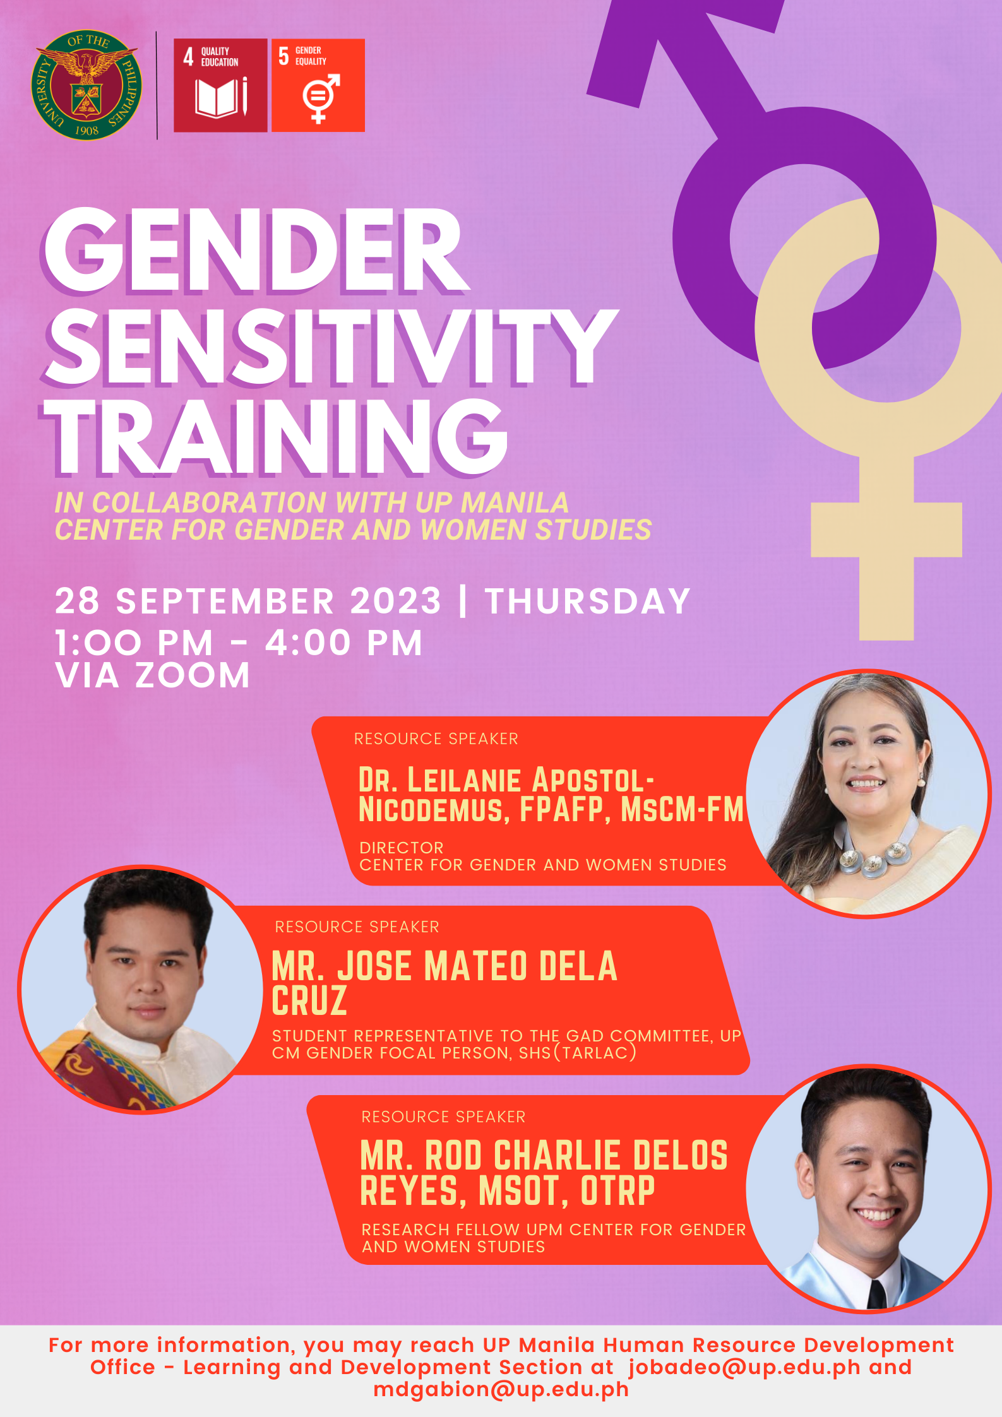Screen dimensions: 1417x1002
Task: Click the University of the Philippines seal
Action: [x=86, y=85]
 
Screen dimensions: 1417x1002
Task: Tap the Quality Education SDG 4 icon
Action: [x=220, y=85]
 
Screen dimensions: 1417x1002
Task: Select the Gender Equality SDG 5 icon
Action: [x=318, y=85]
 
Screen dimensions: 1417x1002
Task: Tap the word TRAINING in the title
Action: [x=277, y=437]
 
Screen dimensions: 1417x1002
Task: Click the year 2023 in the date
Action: [x=396, y=601]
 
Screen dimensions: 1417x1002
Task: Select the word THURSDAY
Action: [x=587, y=601]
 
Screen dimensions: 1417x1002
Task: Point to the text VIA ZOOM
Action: [x=152, y=675]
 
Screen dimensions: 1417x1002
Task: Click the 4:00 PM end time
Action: [x=343, y=643]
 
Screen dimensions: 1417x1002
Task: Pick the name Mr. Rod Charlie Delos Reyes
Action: [x=543, y=1173]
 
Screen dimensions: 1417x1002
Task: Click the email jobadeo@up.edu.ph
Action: [x=744, y=1367]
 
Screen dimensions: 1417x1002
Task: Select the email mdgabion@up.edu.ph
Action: [x=501, y=1389]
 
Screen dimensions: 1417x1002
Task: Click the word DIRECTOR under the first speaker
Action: [x=402, y=848]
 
